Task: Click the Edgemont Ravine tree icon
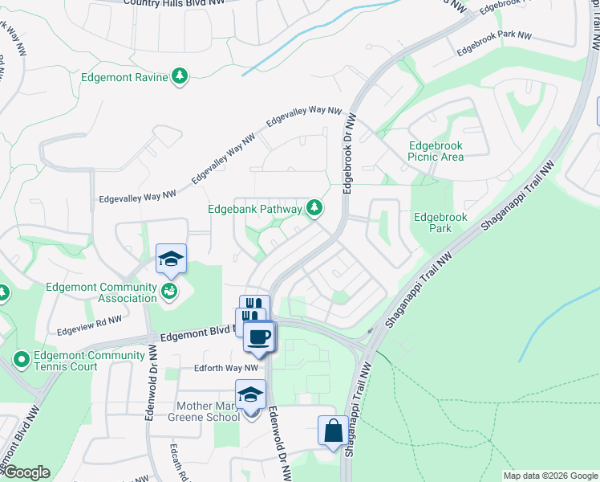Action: point(180,77)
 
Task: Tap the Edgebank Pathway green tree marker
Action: point(315,209)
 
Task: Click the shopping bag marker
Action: point(333,431)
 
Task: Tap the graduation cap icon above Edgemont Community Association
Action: point(171,259)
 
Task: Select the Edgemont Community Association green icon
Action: point(169,291)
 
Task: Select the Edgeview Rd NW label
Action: point(88,324)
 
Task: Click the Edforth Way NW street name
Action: point(225,369)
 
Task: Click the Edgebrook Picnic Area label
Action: point(436,151)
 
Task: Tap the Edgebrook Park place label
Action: point(432,223)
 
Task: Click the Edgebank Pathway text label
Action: point(254,209)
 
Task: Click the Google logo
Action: point(26,473)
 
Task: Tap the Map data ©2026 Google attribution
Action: point(549,476)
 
